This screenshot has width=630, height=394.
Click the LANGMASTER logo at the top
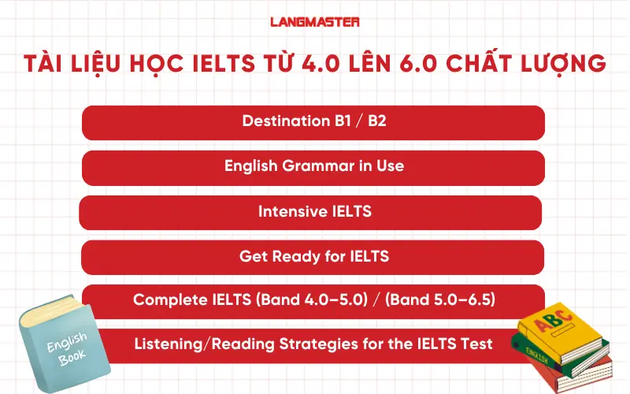[314, 23]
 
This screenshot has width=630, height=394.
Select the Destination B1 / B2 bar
[313, 122]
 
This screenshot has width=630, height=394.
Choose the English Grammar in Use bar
[313, 167]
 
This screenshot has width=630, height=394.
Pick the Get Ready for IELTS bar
[313, 257]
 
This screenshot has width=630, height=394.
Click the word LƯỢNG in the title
[565, 62]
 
